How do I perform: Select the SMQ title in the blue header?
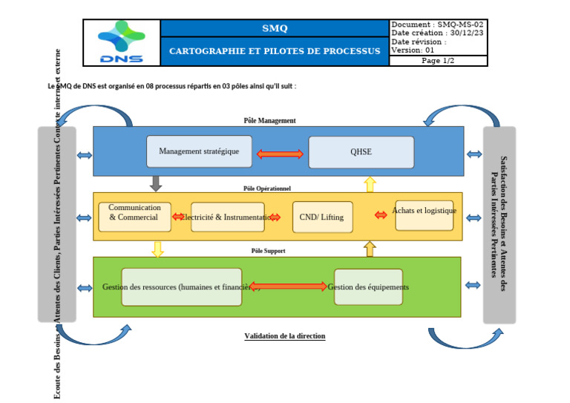(x=275, y=28)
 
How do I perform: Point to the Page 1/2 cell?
(x=438, y=61)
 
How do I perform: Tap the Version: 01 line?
(x=413, y=50)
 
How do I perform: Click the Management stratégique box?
(x=199, y=151)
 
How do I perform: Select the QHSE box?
(x=361, y=152)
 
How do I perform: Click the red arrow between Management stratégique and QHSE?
(x=280, y=154)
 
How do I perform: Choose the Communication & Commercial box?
(x=134, y=216)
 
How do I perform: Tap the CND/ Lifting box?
(x=322, y=217)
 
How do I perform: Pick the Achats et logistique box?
(x=424, y=214)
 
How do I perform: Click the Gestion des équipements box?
(x=368, y=287)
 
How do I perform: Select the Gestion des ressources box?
(x=181, y=287)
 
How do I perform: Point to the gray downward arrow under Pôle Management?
(x=156, y=183)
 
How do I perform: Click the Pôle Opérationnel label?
(x=266, y=189)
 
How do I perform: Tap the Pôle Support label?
(x=268, y=251)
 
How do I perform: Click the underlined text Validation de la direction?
(x=284, y=336)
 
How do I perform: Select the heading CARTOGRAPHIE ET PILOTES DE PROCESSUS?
(x=275, y=51)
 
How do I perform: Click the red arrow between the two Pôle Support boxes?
(x=288, y=286)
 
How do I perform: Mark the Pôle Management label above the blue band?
(x=269, y=120)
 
